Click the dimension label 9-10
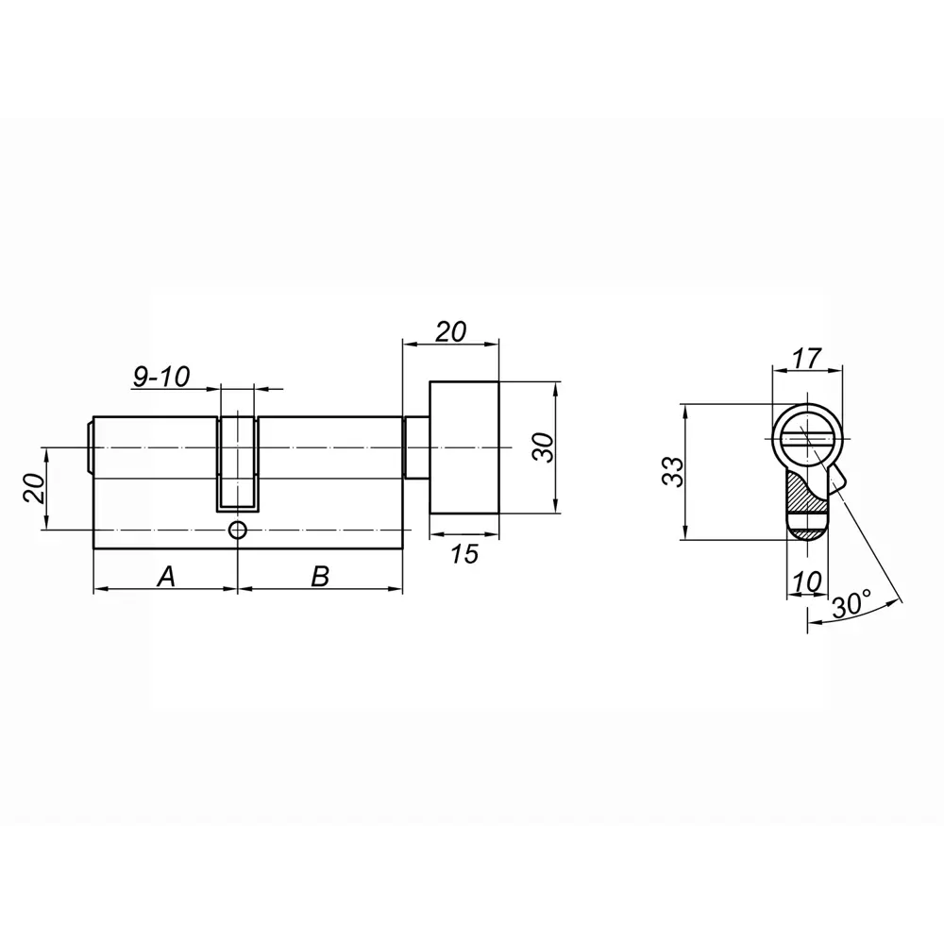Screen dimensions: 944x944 [160, 377]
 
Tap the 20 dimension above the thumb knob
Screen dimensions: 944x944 [450, 331]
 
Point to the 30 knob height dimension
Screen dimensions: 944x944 [541, 447]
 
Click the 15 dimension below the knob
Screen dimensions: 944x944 [463, 554]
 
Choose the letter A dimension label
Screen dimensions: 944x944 [165, 575]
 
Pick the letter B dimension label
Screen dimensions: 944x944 [320, 575]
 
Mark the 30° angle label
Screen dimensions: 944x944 [851, 604]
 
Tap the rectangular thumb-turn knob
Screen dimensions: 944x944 [464, 447]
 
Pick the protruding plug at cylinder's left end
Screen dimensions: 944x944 [90, 447]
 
